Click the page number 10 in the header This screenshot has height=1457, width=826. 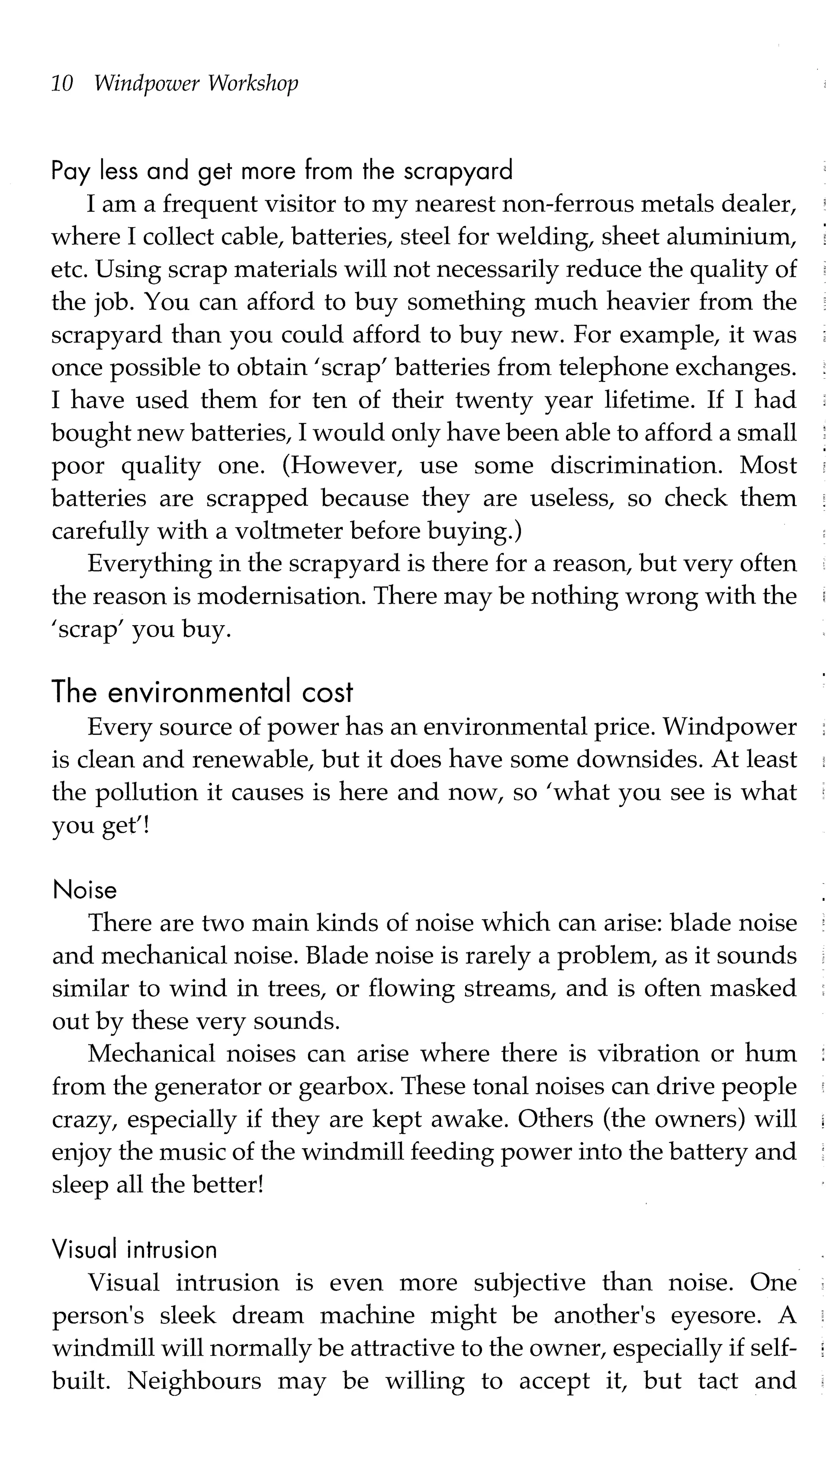pyautogui.click(x=62, y=84)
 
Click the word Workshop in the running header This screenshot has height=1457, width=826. pyautogui.click(x=252, y=84)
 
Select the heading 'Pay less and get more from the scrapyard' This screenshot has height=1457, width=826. pyautogui.click(x=282, y=170)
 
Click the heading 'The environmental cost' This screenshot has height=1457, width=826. pyautogui.click(x=202, y=692)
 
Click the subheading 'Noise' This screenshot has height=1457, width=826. pyautogui.click(x=85, y=890)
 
